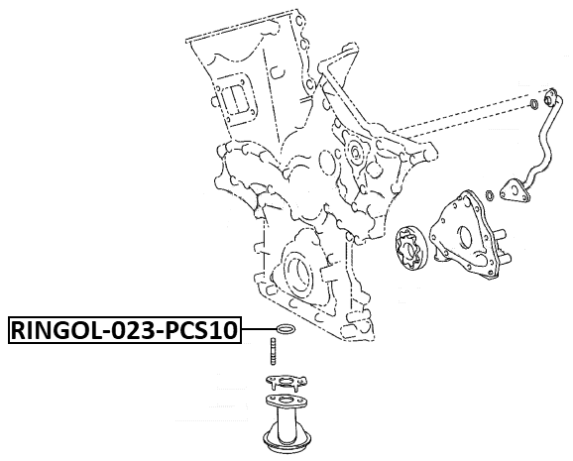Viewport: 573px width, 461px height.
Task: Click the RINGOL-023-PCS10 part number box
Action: tap(125, 330)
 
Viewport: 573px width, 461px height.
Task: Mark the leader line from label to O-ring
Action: tap(259, 330)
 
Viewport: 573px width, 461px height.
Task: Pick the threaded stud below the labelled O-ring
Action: tap(273, 351)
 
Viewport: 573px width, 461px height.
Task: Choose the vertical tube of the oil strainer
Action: tap(286, 419)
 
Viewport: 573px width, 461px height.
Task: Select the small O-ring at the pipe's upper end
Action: tap(533, 104)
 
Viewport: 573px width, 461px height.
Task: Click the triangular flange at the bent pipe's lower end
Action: tap(515, 191)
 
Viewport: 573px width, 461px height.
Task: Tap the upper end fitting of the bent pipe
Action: tap(550, 98)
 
